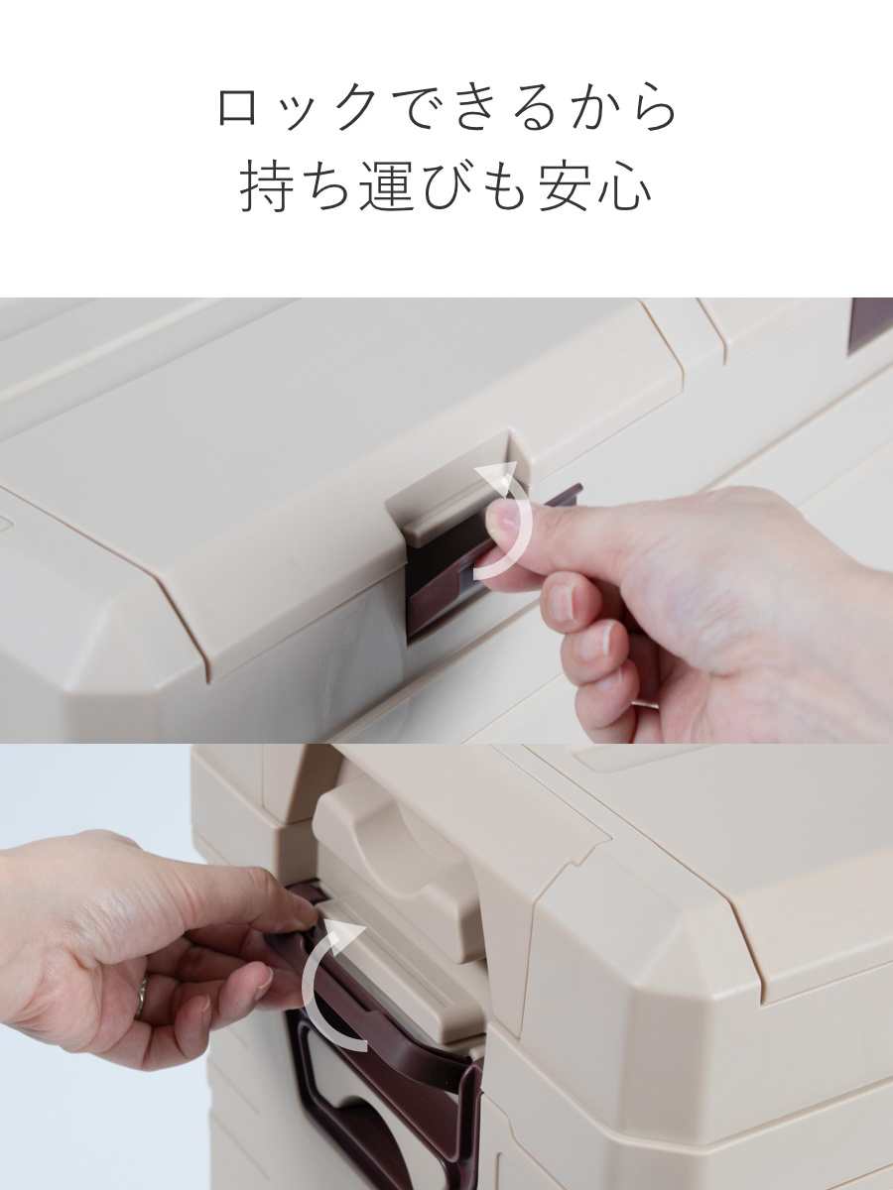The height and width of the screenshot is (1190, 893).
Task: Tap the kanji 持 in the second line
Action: pos(268,187)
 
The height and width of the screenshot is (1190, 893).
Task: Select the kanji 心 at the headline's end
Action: pos(625,187)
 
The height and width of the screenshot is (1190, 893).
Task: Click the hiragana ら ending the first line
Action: pos(654,109)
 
